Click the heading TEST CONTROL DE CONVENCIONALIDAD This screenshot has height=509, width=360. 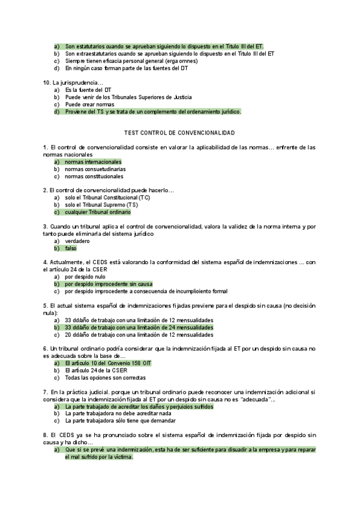point(179,132)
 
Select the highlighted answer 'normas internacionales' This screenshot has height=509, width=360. point(93,162)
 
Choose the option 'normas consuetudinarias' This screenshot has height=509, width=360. point(95,169)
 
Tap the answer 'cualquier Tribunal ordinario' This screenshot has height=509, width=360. point(97,212)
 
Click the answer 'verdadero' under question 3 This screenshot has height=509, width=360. point(77,240)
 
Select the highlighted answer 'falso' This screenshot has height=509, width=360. point(71,248)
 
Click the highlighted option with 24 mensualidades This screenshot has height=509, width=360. point(139,328)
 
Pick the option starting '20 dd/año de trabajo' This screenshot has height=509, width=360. point(139,335)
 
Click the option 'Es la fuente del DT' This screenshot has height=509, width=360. point(88,89)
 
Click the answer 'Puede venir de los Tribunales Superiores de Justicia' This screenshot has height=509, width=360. point(128,97)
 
